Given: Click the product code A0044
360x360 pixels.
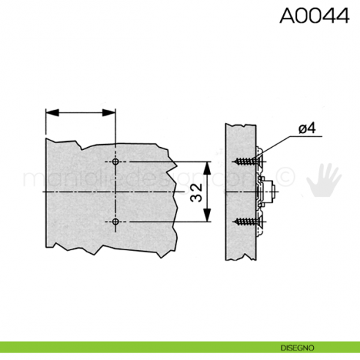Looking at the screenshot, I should (x=314, y=17).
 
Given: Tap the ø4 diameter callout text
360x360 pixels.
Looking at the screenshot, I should (x=307, y=130).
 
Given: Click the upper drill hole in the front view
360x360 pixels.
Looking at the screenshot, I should (x=116, y=161).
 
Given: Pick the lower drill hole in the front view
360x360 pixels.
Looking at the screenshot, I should (x=116, y=221).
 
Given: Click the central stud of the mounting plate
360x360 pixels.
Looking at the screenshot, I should (x=272, y=191).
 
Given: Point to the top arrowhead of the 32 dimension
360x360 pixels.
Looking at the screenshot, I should (x=209, y=165).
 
